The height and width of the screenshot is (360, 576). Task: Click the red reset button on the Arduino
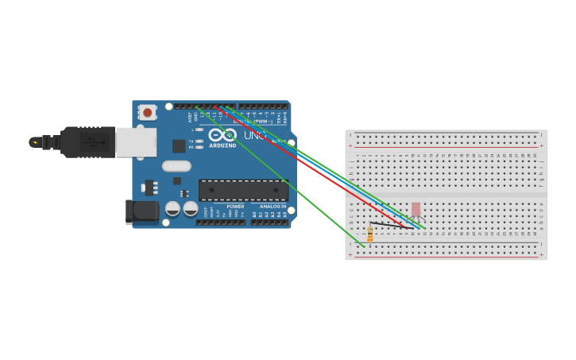coord(147,113)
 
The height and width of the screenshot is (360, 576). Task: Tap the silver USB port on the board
coord(135,142)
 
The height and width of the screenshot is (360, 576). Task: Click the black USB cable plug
coord(88,142)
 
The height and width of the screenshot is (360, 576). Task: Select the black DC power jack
coord(143,211)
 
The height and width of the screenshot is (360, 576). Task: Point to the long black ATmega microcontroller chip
coord(243,190)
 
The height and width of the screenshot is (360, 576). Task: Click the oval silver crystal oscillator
coord(176,166)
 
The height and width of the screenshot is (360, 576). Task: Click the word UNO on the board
coord(255,136)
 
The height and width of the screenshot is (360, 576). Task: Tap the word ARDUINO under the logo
coord(223,145)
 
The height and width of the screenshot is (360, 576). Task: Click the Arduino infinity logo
coord(223,135)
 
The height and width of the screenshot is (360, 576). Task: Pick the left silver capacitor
coord(172,209)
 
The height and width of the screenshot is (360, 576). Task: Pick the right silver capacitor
coord(191,209)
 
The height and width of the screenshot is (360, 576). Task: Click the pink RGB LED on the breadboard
coord(416,209)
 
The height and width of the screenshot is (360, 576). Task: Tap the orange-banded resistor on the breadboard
coord(369,234)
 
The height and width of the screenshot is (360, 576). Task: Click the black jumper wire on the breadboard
coord(389,226)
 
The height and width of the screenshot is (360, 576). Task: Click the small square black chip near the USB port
coord(179,146)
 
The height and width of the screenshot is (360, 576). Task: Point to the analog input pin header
coord(269,222)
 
